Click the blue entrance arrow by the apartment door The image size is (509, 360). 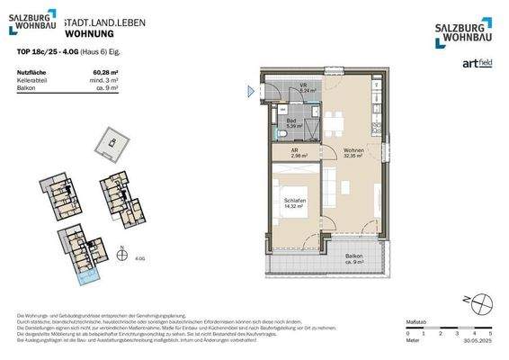(252, 89)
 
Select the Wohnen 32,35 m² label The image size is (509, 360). (352, 152)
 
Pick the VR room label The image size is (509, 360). (305, 87)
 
